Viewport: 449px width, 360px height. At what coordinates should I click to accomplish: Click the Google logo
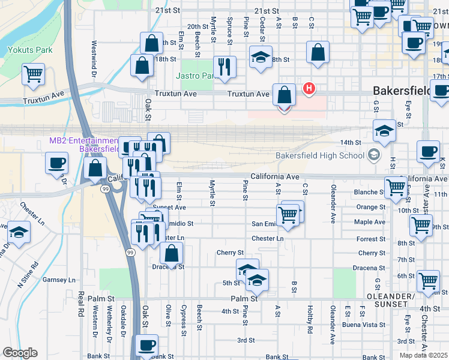click(x=20, y=353)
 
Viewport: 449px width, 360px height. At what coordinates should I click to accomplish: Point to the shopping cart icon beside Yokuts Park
click(x=33, y=74)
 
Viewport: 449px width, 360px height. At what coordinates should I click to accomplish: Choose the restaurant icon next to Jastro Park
click(x=224, y=67)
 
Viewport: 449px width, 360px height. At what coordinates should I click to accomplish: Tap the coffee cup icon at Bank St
click(x=146, y=346)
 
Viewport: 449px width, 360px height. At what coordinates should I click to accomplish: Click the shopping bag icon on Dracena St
click(x=172, y=254)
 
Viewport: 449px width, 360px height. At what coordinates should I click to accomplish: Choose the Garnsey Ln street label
click(x=59, y=280)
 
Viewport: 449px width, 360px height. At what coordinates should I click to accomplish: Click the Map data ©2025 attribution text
click(x=423, y=355)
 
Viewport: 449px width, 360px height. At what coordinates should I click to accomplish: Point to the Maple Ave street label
click(x=370, y=222)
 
